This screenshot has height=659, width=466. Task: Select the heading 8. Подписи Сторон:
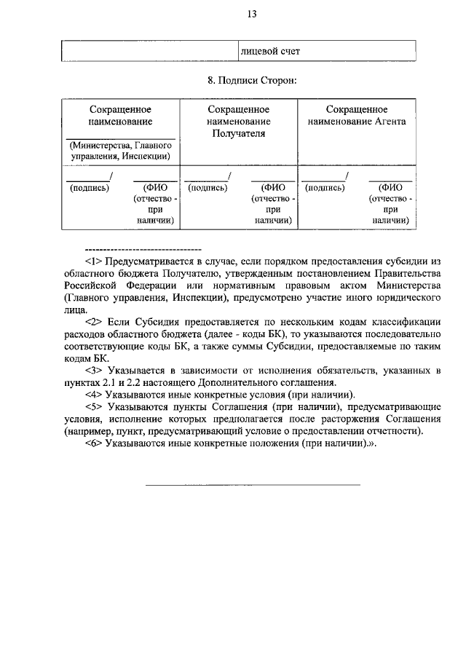pyautogui.click(x=251, y=79)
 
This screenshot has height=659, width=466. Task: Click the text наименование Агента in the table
pyautogui.click(x=357, y=122)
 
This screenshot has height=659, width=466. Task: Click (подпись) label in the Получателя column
pyautogui.click(x=208, y=187)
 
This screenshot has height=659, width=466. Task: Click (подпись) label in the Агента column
pyautogui.click(x=325, y=187)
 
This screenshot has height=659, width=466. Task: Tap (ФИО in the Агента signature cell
pyautogui.click(x=391, y=187)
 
